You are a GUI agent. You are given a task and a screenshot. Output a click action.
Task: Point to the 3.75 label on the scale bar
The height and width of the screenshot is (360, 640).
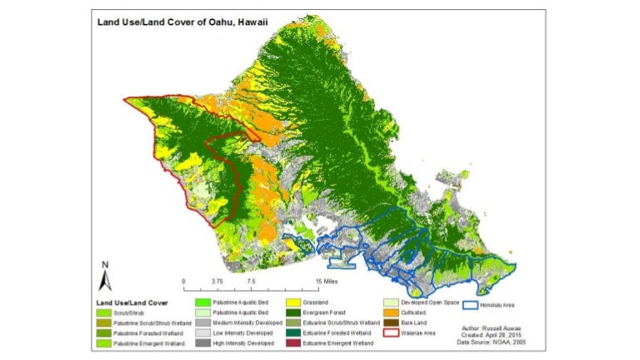217,282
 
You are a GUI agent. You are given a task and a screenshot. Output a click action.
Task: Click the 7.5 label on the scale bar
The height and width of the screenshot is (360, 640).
249,282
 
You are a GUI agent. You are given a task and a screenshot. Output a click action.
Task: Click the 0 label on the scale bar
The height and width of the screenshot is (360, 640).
183,282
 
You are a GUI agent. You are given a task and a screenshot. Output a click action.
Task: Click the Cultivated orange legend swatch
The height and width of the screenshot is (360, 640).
391,313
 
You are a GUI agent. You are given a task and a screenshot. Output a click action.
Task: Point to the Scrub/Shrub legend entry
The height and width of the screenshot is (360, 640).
124,314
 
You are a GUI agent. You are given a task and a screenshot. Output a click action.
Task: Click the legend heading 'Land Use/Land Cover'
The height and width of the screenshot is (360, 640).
132,302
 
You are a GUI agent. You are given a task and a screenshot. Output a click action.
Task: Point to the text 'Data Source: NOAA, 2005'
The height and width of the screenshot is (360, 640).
491,342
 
